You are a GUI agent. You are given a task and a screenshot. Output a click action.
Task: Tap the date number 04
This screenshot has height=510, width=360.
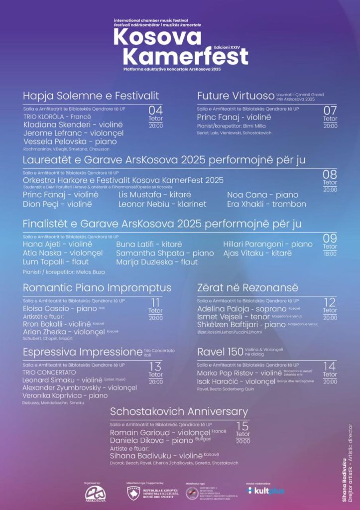pyautogui.click(x=155, y=110)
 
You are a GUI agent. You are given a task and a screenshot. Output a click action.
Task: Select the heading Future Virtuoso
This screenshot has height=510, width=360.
pyautogui.click(x=236, y=96)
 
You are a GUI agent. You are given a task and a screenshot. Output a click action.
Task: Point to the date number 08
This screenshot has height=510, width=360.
pyautogui.click(x=330, y=174)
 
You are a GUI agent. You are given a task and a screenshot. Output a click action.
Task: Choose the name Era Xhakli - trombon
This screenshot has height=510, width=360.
pyautogui.click(x=266, y=204)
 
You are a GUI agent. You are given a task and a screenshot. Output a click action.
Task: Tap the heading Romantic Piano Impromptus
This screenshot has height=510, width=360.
pyautogui.click(x=97, y=288)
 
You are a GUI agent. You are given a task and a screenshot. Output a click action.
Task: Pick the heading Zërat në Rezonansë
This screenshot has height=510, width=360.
pyautogui.click(x=247, y=288)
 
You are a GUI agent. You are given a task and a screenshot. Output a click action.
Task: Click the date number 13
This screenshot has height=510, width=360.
pyautogui.click(x=155, y=367)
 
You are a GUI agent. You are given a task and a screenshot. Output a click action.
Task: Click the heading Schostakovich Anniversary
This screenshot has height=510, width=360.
pyautogui.click(x=179, y=412)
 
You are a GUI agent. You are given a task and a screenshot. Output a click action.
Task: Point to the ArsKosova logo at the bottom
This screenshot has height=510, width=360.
pyautogui.click(x=95, y=493)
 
